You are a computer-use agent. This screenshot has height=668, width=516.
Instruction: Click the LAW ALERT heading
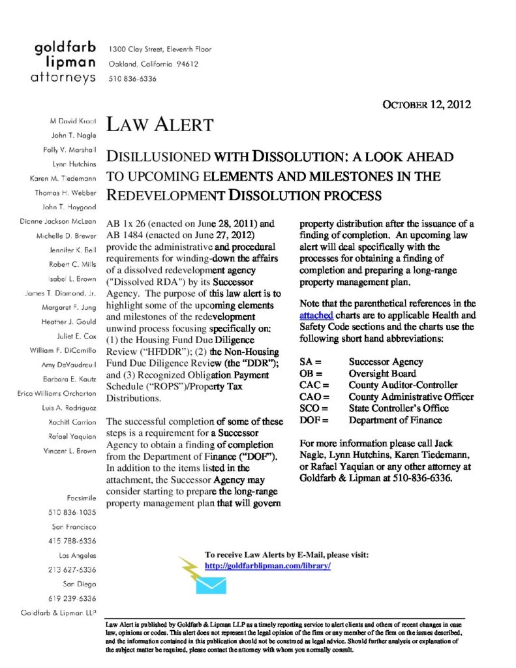(x=160, y=124)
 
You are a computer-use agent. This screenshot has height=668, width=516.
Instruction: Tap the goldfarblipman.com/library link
(x=267, y=566)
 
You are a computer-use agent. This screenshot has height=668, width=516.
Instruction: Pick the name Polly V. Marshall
(x=64, y=149)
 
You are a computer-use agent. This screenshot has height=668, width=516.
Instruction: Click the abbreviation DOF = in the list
(x=315, y=420)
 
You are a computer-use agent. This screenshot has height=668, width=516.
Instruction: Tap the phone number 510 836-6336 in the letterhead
(x=132, y=78)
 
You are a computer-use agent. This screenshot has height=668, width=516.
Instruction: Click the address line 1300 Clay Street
(x=160, y=50)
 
